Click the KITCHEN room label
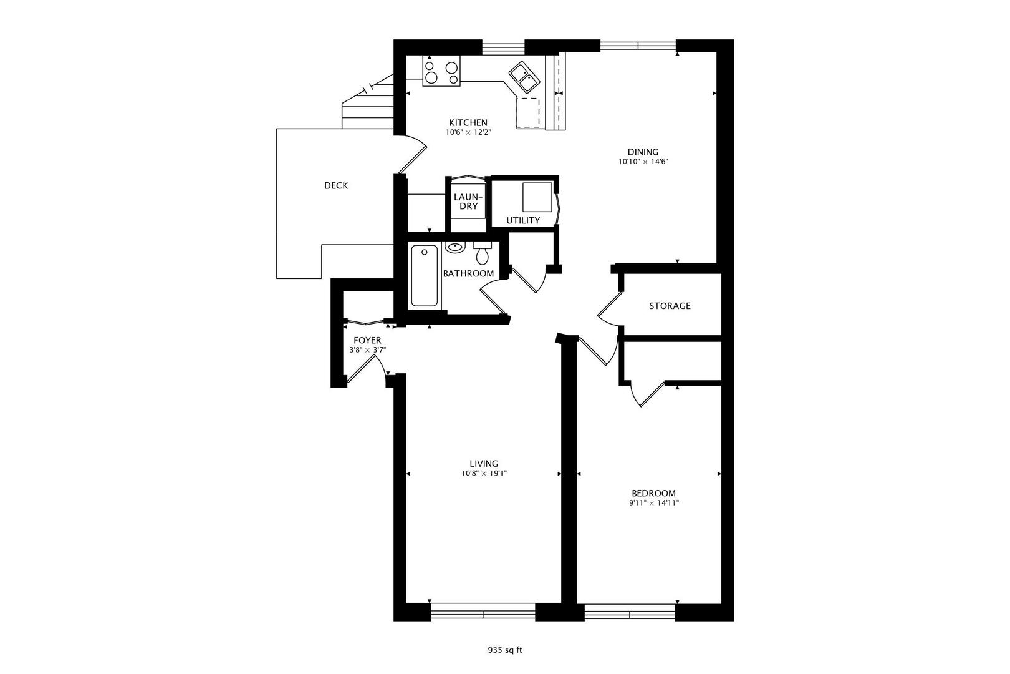coord(468,123)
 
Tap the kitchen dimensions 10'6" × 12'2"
coord(468,132)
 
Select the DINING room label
coord(643,152)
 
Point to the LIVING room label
coord(484,464)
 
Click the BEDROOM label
coord(653,493)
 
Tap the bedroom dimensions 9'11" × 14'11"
coord(653,503)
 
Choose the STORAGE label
coord(670,306)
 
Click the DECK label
coord(336,185)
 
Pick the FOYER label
coord(367,340)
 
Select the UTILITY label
coord(522,220)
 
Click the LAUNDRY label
coord(468,202)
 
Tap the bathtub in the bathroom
coord(425,275)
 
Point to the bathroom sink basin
coord(455,247)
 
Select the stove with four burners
coord(441,71)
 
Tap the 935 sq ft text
coord(504,650)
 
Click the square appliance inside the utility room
coord(537,198)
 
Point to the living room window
coord(483,611)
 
